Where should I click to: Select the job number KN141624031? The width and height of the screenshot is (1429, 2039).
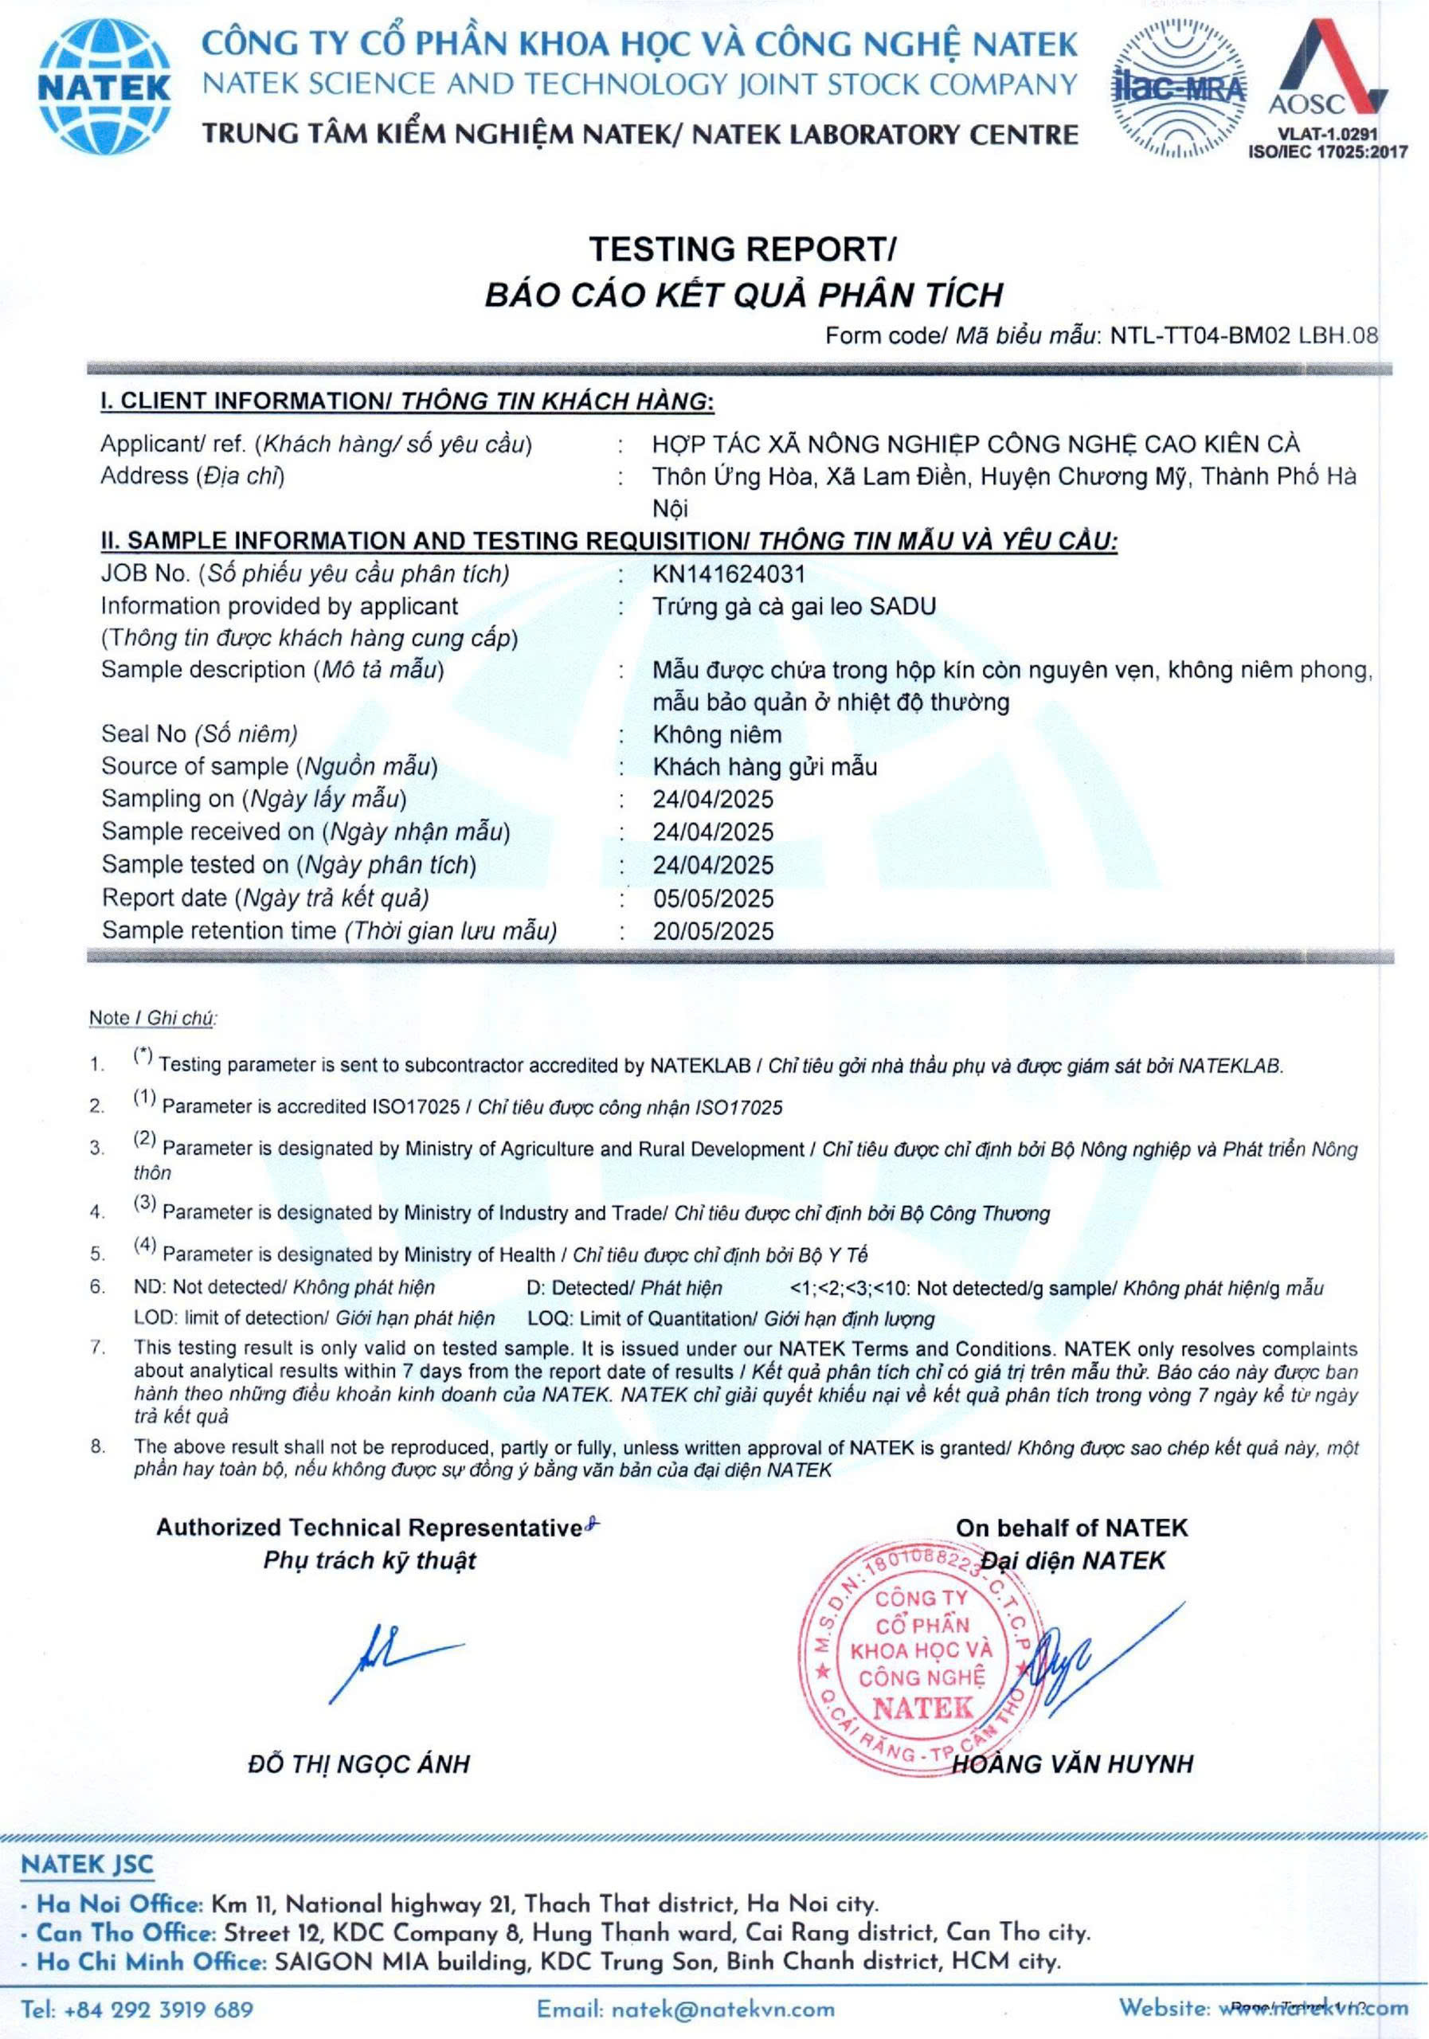pos(728,574)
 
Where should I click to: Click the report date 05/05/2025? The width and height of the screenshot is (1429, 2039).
pos(713,898)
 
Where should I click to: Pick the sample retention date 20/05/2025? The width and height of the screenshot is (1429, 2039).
pos(713,931)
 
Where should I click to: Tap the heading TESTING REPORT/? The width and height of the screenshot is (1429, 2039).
pos(743,249)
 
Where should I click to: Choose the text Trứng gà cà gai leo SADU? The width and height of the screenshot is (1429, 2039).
pos(794,607)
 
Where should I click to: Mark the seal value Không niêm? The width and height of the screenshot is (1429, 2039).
pos(717,734)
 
